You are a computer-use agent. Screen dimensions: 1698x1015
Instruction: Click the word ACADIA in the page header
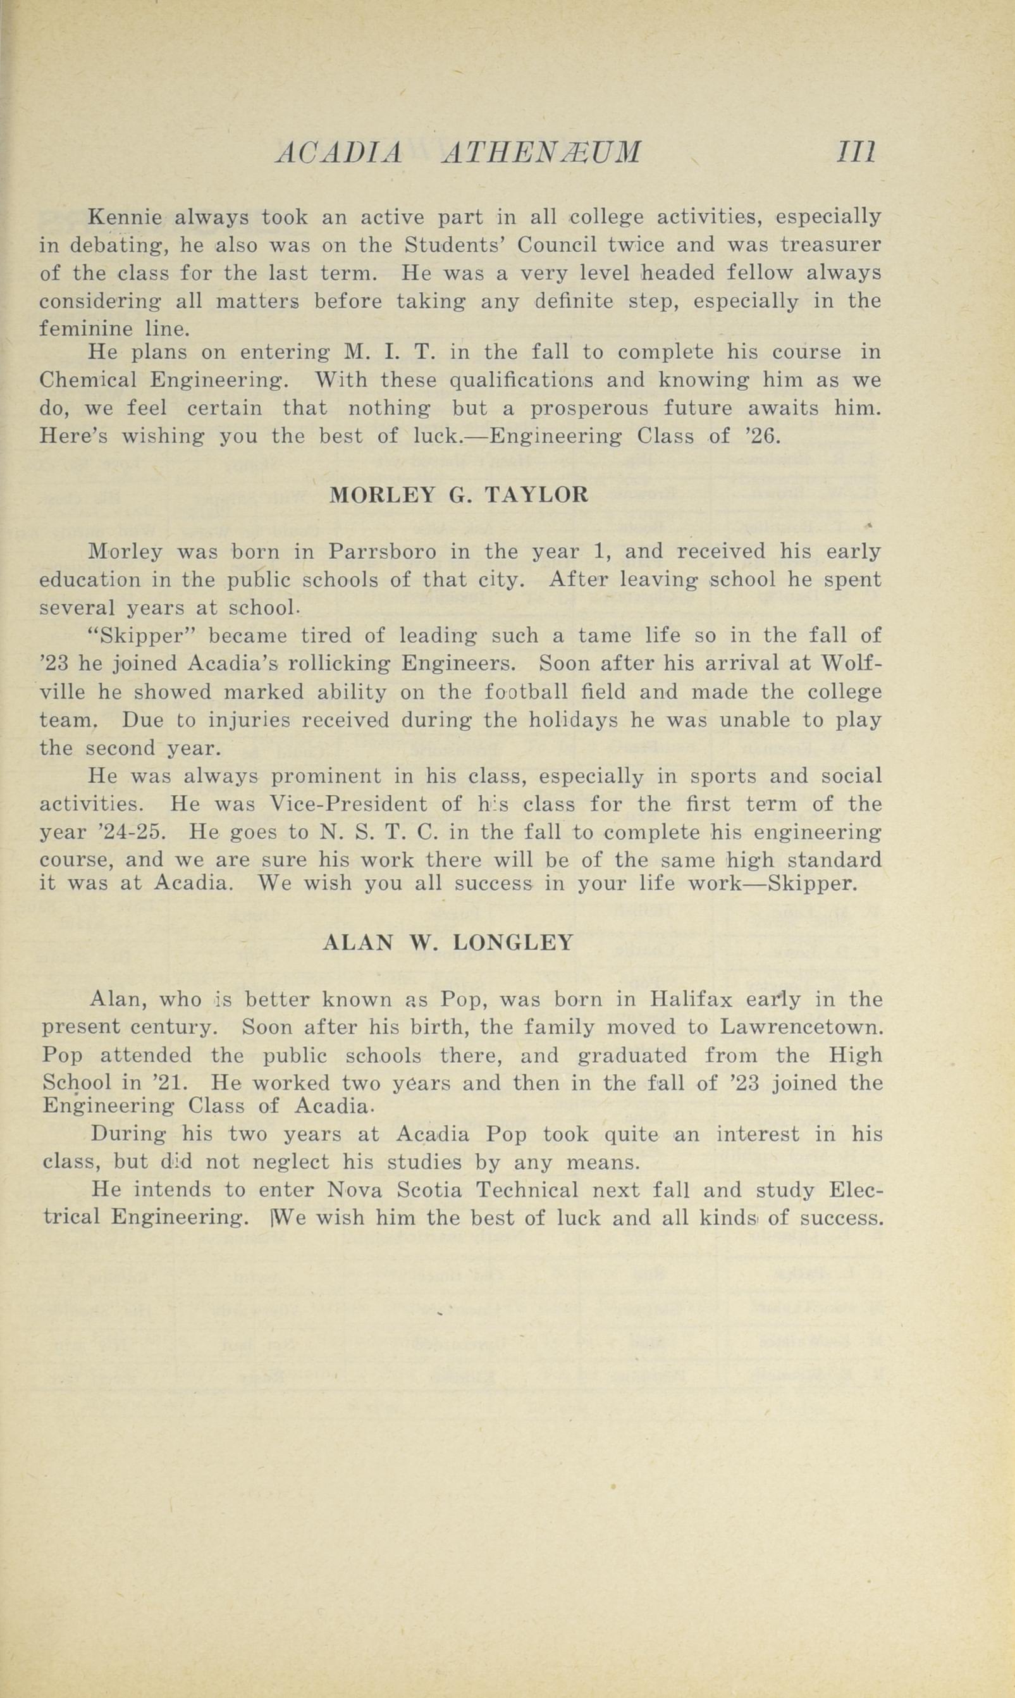[x=338, y=152]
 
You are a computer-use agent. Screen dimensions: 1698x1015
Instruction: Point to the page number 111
[x=855, y=152]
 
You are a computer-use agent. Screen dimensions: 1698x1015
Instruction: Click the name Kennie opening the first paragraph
[x=125, y=218]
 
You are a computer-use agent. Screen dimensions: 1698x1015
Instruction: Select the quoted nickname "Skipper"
[x=143, y=636]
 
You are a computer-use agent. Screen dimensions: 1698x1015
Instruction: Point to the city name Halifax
[x=691, y=1000]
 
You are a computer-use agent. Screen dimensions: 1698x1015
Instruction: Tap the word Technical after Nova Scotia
[x=527, y=1191]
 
